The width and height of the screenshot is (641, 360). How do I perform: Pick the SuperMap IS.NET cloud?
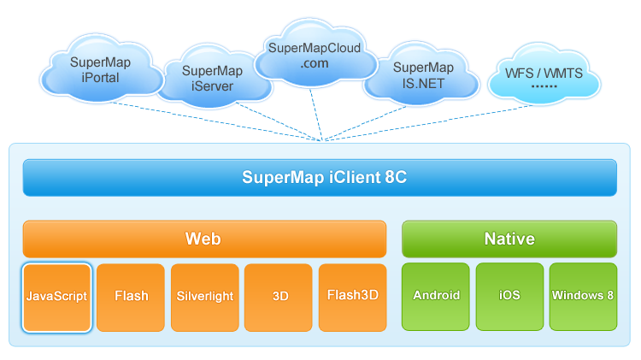pos(422,74)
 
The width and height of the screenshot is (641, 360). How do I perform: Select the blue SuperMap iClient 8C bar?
pos(320,178)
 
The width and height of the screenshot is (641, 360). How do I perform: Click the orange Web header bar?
pos(203,239)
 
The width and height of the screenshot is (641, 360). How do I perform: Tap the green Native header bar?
pos(509,239)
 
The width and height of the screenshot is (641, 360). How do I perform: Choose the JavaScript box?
pos(56,297)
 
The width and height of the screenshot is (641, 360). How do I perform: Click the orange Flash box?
pos(131,297)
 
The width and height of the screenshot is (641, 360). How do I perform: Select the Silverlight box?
pos(204,297)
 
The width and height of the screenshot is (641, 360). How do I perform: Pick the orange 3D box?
pos(279,297)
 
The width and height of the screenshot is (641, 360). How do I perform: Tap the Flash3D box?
pos(352,297)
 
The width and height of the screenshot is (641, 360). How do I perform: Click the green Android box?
pos(436,297)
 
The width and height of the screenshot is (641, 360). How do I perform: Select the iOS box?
pos(509,297)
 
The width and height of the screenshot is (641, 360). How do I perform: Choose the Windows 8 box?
pos(583,297)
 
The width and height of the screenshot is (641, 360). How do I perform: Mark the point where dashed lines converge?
pos(322,140)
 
